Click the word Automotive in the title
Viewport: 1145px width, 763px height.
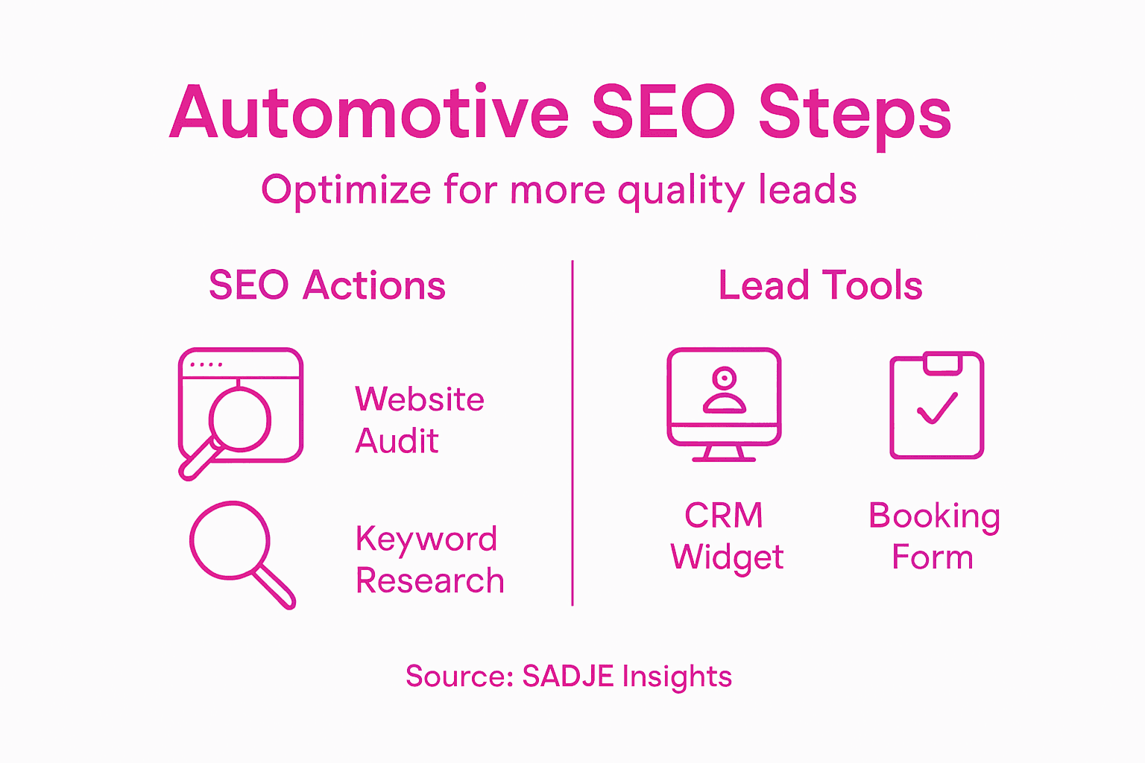coord(369,113)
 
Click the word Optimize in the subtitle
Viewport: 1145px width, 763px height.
coord(346,190)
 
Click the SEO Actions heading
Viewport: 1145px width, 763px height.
coord(327,285)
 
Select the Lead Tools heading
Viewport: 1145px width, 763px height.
coord(821,285)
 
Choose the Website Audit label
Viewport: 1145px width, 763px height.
coord(419,420)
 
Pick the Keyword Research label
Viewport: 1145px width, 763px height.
coord(429,560)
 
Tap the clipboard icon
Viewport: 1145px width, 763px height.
coord(937,405)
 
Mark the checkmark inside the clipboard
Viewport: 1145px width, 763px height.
coord(937,408)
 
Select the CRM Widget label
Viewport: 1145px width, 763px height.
coord(726,536)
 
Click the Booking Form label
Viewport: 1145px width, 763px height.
coord(934,536)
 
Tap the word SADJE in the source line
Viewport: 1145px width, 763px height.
coord(567,677)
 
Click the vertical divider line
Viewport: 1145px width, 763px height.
coord(572,432)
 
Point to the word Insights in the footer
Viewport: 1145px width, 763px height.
coord(677,677)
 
